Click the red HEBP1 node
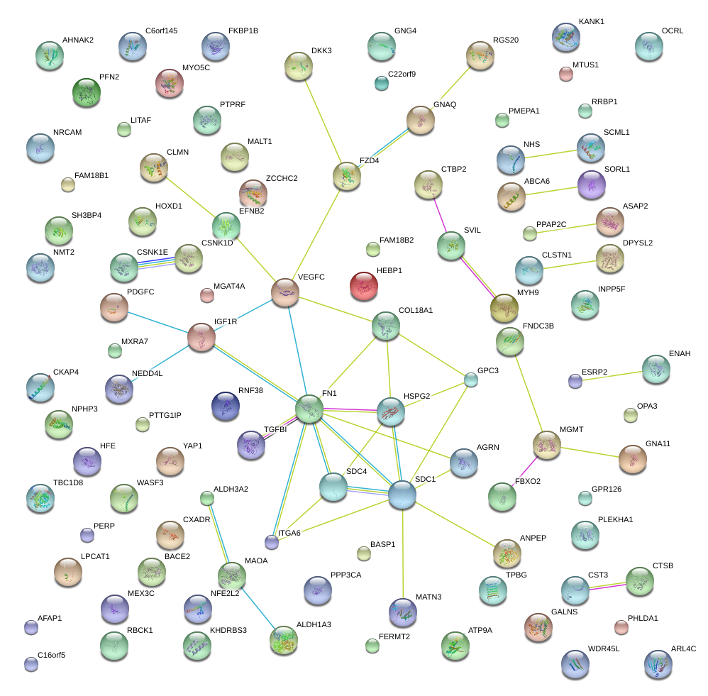pyautogui.click(x=364, y=285)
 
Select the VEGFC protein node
pyautogui.click(x=285, y=292)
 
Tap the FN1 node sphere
pyautogui.click(x=309, y=409)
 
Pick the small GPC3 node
pyautogui.click(x=471, y=380)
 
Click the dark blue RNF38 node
pyautogui.click(x=226, y=405)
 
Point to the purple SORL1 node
pyautogui.click(x=592, y=184)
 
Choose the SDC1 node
pyautogui.click(x=402, y=495)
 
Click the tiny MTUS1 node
pyautogui.click(x=565, y=73)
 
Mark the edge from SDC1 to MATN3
pyautogui.click(x=402, y=553)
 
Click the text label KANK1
pyautogui.click(x=592, y=22)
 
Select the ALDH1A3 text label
pyautogui.click(x=314, y=624)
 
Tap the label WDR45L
pyautogui.click(x=604, y=649)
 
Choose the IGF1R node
pyautogui.click(x=201, y=337)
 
